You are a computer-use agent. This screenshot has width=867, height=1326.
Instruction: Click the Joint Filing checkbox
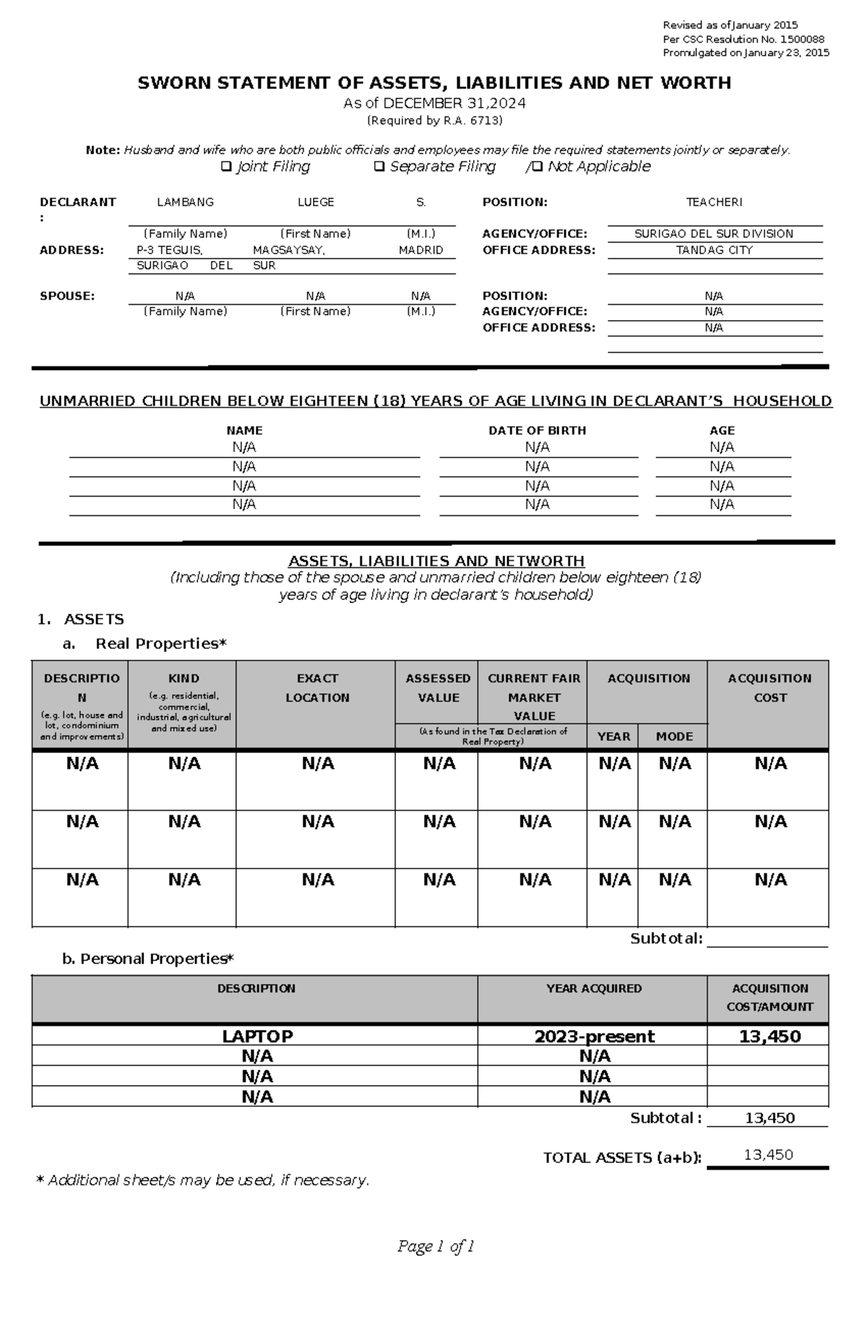pos(224,167)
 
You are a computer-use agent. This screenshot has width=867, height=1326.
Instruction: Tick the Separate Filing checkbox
pos(379,167)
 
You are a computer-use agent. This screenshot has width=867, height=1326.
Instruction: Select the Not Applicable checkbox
pos(537,167)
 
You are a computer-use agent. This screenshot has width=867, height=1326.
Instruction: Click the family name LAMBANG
pos(185,202)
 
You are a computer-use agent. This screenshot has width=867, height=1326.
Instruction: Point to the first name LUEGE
pos(316,202)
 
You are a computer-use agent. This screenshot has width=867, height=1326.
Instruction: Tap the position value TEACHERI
pos(714,202)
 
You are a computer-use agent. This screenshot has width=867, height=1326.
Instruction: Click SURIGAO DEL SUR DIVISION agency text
pos(714,234)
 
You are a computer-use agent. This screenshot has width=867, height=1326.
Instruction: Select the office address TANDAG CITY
pos(714,250)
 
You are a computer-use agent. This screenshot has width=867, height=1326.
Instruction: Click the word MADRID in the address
pos(420,250)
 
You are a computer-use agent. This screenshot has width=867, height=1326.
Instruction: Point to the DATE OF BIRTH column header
pos(537,430)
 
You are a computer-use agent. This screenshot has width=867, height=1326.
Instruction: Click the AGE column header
pos(722,430)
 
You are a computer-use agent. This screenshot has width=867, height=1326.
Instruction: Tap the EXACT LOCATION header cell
pos(316,688)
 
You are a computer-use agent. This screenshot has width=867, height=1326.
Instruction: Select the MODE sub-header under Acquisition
pos(673,736)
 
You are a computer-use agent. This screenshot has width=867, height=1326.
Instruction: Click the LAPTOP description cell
pos(256,1036)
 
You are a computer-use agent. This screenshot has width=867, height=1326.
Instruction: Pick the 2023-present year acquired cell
pos(594,1036)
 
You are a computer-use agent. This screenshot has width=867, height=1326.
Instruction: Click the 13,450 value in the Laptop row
pos(769,1036)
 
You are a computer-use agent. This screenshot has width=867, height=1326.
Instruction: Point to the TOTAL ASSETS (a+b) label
pos(622,1158)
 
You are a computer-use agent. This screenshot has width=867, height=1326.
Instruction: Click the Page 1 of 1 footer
pos(436,1247)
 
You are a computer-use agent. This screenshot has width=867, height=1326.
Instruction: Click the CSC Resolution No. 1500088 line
pos(743,40)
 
